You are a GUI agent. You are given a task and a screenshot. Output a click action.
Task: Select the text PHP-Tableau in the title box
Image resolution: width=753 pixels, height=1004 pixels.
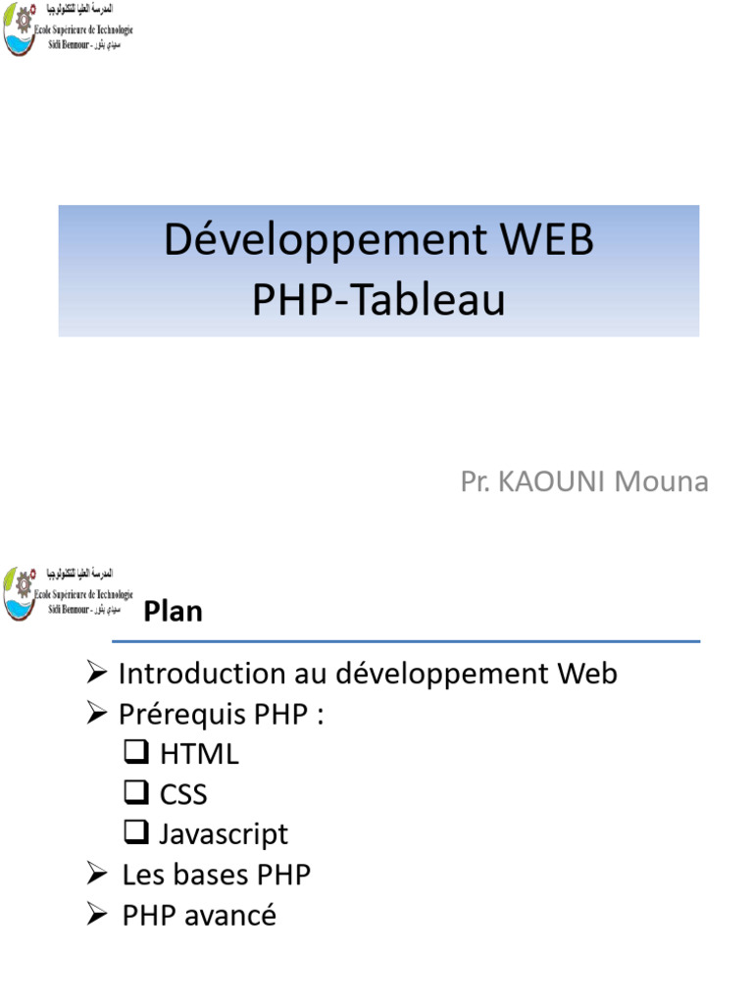(x=378, y=300)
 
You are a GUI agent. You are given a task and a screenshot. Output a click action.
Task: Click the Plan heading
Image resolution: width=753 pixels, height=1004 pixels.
(x=174, y=611)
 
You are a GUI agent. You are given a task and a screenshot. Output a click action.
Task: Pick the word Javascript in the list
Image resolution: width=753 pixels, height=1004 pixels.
(x=224, y=834)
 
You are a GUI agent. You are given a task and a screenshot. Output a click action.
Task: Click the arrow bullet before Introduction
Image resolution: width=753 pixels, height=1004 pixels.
(x=96, y=674)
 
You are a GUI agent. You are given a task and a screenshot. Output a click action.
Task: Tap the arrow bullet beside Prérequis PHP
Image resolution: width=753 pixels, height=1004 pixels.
(x=96, y=715)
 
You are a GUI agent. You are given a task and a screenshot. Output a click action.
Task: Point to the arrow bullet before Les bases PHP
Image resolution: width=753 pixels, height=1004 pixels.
(x=96, y=874)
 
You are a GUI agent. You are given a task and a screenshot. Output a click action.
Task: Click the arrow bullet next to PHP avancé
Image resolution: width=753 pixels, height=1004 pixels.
(x=96, y=915)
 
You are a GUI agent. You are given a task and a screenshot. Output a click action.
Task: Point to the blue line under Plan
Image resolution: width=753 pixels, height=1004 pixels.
(x=406, y=642)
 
